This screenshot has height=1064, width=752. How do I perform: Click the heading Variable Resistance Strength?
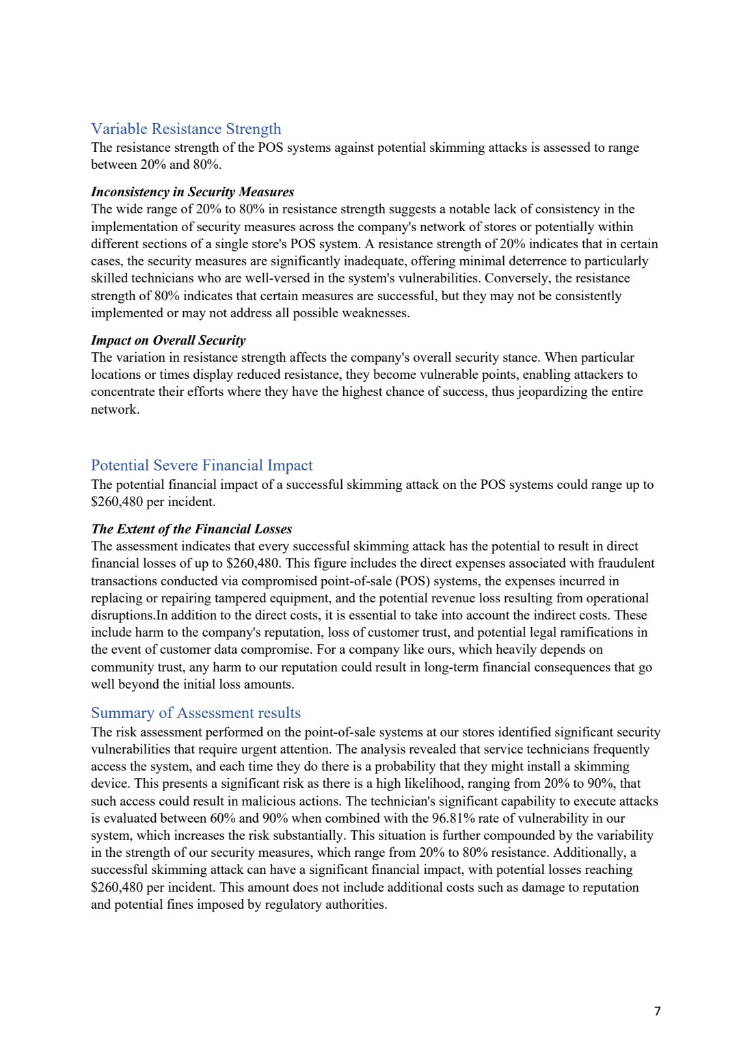click(x=186, y=129)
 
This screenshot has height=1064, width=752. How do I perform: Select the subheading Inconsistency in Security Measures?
click(x=192, y=192)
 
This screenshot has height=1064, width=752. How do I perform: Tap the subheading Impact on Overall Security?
click(x=168, y=341)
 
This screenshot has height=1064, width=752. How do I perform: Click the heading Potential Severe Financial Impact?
click(x=202, y=466)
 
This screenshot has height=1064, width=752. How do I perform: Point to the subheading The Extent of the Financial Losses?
click(x=191, y=529)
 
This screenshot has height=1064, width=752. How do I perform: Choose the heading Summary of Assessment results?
click(x=196, y=713)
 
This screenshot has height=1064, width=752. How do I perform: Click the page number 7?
click(x=658, y=1011)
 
